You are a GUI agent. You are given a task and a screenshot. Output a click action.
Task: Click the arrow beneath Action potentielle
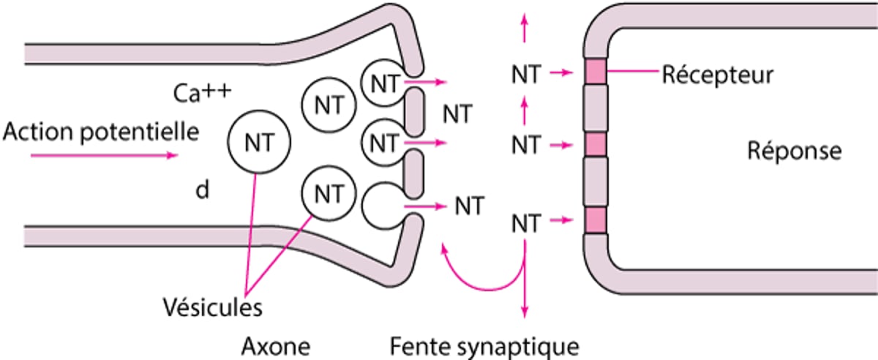[x=138, y=155]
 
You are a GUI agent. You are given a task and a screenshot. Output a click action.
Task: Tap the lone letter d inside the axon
[x=200, y=190]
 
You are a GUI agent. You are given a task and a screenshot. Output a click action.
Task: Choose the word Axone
[x=277, y=345]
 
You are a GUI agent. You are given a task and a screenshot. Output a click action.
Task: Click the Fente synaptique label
[x=485, y=345]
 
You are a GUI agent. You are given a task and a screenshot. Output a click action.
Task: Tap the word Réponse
[x=794, y=151]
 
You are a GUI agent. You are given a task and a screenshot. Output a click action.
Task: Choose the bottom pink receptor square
[x=597, y=220]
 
